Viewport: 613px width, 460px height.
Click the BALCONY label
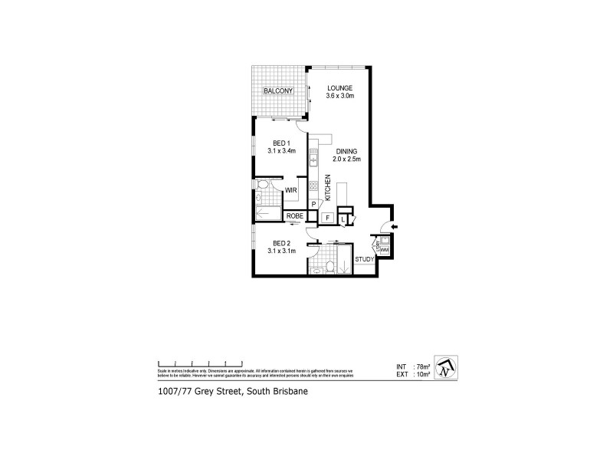[x=279, y=91]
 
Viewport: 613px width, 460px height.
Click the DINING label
[x=346, y=151]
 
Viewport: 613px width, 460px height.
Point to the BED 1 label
[x=281, y=143]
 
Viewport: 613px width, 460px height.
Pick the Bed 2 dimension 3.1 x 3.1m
[x=280, y=251]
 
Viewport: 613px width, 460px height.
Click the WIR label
[x=291, y=189]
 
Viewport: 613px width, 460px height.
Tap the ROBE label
[x=296, y=217]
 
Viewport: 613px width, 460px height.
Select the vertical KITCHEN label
[x=328, y=188]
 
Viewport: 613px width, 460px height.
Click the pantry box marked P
[x=314, y=204]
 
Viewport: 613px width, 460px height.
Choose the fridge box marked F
[x=327, y=219]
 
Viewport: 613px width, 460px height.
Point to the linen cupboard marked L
[x=343, y=219]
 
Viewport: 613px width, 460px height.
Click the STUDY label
[x=364, y=259]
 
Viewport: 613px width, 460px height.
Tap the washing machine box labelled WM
[x=384, y=250]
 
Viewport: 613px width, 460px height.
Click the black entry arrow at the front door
[x=393, y=227]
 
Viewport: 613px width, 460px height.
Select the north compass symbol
[x=446, y=368]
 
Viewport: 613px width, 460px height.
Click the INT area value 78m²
[x=421, y=367]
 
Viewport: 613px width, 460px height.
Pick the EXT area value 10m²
[x=421, y=375]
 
